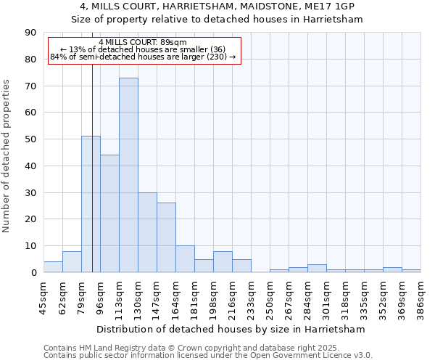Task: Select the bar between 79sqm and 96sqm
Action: pos(91,204)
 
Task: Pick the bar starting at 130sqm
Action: pos(147,232)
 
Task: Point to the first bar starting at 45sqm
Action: pos(53,267)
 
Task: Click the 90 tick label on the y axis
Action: pos(30,33)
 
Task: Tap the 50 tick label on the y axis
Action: pos(30,139)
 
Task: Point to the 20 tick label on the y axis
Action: pos(30,219)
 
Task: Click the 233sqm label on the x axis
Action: pos(251,297)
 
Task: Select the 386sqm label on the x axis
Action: pos(420,297)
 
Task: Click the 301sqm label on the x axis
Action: pos(326,297)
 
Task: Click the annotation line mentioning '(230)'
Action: pos(143,57)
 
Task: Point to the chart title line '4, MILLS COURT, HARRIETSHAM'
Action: pos(217,7)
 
